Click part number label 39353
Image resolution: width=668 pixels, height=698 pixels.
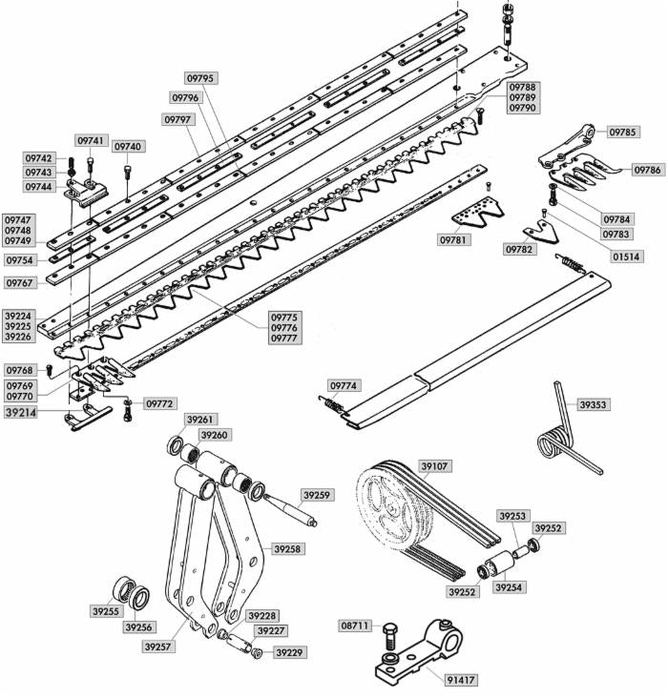pos(593,405)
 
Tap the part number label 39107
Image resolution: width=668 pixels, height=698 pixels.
pos(434,466)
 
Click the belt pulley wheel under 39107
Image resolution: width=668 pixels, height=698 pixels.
pos(391,509)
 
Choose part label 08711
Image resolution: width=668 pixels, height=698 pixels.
pos(356,626)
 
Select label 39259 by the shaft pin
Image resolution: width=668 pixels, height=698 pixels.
pos(317,496)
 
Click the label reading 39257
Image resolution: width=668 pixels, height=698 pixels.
pos(158,647)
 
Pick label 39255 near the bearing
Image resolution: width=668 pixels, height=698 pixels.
pos(106,611)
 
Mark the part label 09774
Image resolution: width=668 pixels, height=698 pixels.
pos(344,386)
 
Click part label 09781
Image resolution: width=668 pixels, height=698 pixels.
pos(454,240)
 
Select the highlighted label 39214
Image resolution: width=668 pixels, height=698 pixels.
pos(21,414)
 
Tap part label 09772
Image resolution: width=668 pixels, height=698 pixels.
pos(160,404)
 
